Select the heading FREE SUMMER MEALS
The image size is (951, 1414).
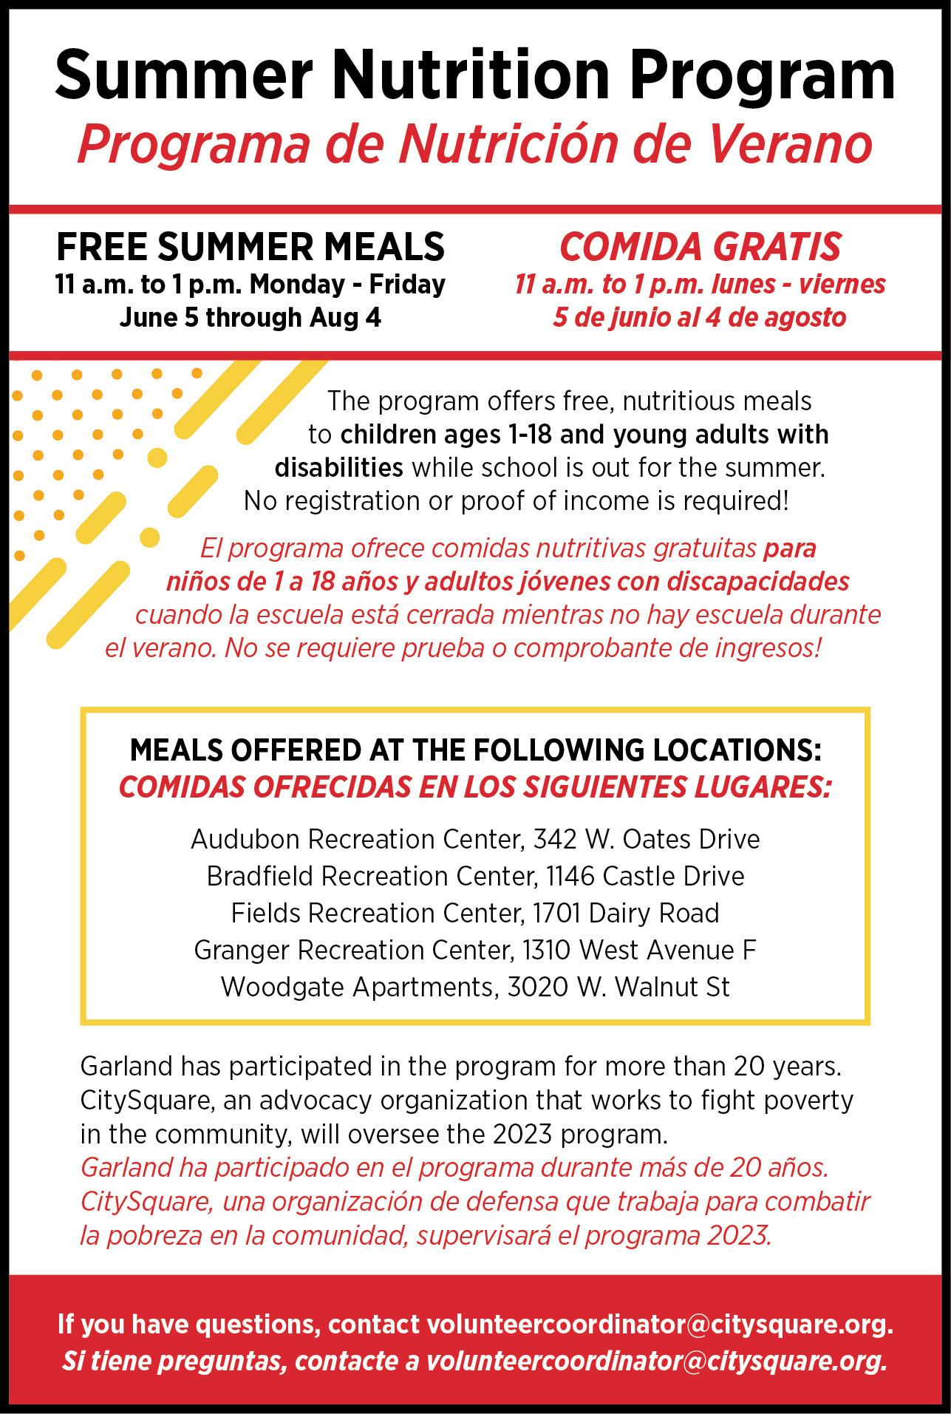pos(250,247)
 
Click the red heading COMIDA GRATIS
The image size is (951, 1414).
pos(700,247)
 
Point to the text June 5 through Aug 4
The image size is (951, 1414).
pos(250,318)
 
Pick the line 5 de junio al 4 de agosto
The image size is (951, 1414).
pos(700,318)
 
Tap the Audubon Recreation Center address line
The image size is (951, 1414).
pos(475,840)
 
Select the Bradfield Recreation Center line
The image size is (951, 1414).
pos(475,877)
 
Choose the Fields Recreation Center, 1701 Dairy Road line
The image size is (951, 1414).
pos(475,914)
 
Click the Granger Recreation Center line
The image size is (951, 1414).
pos(475,951)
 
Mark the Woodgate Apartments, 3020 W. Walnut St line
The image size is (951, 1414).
pos(475,988)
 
